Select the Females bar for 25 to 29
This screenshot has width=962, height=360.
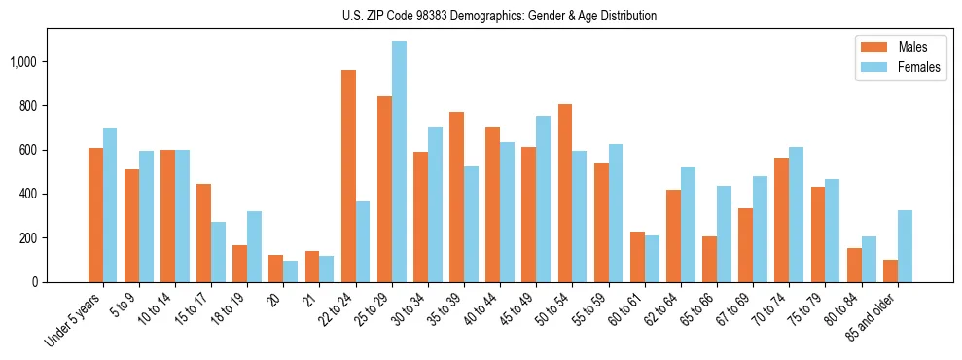point(399,162)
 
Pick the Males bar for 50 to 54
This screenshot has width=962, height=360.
point(565,193)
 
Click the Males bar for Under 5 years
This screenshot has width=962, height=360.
point(95,215)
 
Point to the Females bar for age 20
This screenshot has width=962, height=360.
point(291,271)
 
